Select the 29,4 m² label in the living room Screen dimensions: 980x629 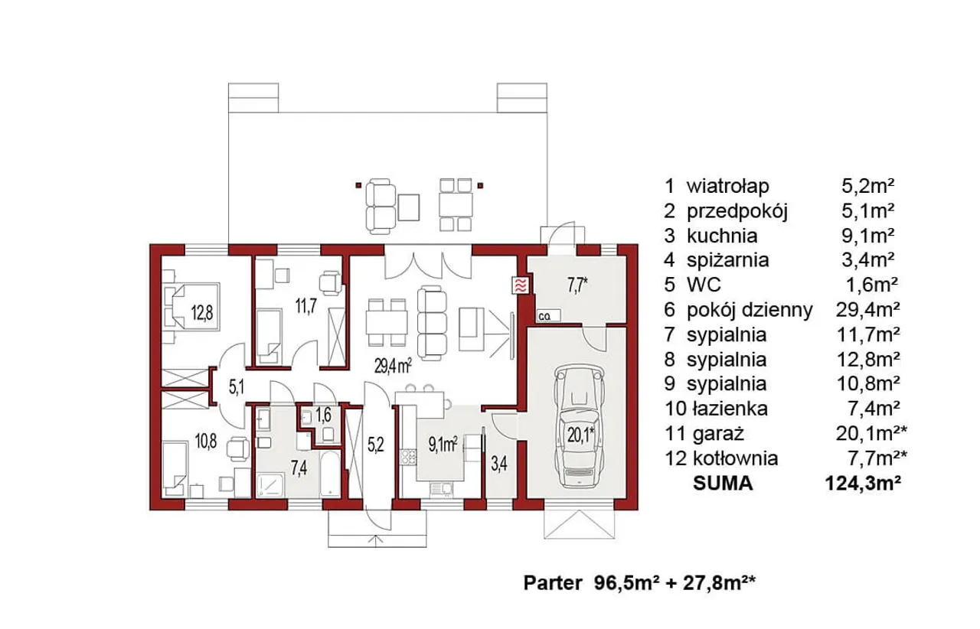coord(393,366)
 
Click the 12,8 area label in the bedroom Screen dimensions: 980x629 coord(201,312)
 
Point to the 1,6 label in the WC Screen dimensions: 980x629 coord(323,415)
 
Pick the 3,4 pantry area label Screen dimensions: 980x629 coord(499,464)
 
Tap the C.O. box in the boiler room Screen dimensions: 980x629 coord(548,316)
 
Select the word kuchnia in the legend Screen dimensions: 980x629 coord(722,236)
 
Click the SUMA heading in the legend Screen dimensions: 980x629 coord(723,484)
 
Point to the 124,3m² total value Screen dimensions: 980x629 coord(863,484)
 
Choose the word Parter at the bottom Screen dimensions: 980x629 coord(553,583)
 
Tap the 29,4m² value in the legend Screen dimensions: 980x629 coord(868,310)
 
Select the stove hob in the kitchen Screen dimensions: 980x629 coord(409,457)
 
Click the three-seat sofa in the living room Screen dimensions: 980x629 coord(432,323)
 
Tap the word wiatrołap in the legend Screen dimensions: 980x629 coord(728,187)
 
